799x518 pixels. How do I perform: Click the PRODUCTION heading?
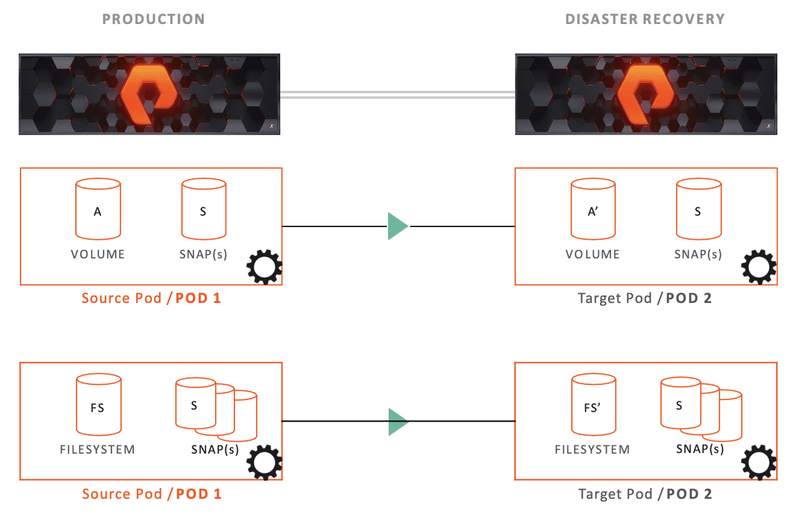coord(153,19)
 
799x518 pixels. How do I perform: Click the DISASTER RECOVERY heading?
coord(645,19)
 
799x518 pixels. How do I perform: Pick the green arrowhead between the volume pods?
coord(398,226)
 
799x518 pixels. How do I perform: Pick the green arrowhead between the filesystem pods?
coord(398,421)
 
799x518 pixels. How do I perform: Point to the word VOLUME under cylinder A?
coord(98,254)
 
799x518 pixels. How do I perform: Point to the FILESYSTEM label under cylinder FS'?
coord(592,449)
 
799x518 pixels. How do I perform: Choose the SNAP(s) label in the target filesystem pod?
coord(700,449)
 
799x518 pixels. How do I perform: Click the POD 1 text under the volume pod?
coord(198,298)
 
